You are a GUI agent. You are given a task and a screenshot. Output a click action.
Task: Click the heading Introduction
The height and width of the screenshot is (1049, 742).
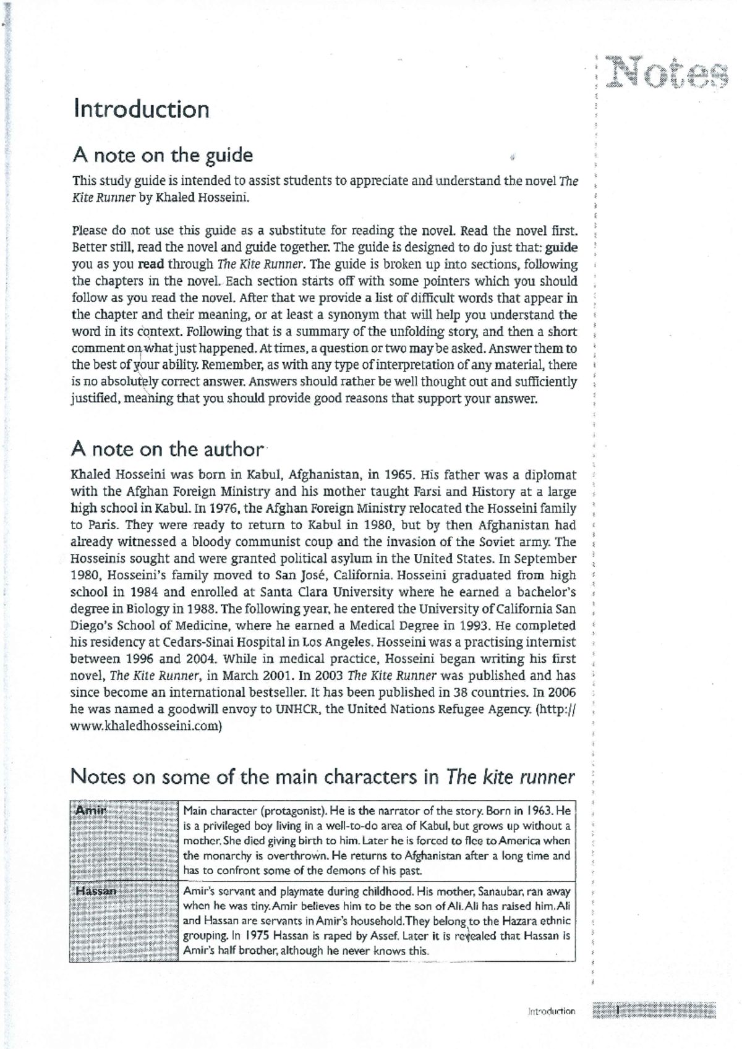click(x=141, y=109)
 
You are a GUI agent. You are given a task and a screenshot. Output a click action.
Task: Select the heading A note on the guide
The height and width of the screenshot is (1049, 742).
click(x=162, y=155)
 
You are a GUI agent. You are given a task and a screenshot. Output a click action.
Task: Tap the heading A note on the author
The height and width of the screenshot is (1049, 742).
click(x=167, y=449)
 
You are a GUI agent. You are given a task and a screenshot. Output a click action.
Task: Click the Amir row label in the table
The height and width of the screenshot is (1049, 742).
click(x=90, y=810)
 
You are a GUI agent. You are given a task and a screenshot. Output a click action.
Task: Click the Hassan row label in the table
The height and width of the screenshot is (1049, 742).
click(x=95, y=891)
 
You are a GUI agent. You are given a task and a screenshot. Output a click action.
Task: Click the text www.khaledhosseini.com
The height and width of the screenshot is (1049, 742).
click(x=145, y=726)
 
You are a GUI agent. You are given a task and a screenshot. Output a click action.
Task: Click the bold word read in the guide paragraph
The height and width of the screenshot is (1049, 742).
click(x=150, y=265)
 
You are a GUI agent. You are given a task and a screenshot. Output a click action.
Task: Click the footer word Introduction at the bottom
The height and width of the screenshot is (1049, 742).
click(x=552, y=1011)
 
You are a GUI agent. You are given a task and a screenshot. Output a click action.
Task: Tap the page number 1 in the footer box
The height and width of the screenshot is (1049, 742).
click(x=618, y=1011)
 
